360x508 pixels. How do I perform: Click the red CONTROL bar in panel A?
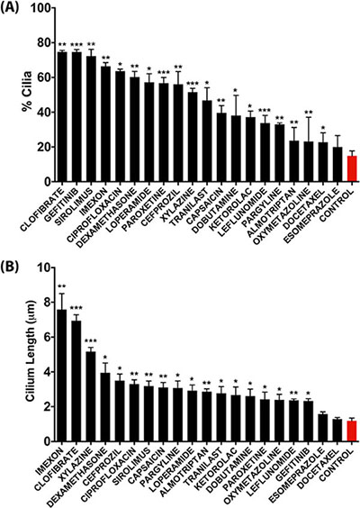coord(352,168)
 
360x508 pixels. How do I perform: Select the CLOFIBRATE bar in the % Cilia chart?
coord(62,116)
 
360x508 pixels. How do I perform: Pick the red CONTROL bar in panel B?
coord(352,431)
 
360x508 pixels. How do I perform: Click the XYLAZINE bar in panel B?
coord(91,396)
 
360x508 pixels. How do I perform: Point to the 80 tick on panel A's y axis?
coord(53,42)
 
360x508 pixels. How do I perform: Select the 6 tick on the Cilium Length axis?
coord(53,337)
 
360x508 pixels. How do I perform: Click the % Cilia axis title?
coord(27,92)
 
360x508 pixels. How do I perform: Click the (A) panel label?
coord(8,8)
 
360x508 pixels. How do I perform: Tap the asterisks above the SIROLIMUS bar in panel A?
coord(91,44)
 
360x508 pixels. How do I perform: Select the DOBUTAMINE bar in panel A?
coord(236,149)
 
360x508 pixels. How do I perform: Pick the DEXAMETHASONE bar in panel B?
coord(105,407)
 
